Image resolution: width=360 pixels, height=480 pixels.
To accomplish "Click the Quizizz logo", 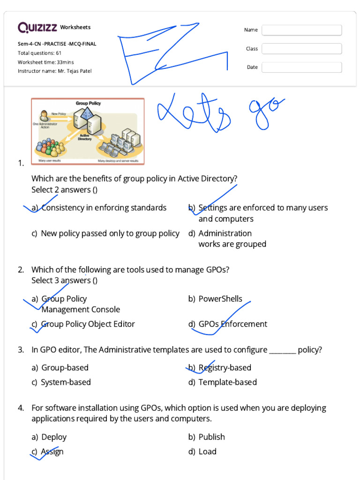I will pyautogui.click(x=37, y=28).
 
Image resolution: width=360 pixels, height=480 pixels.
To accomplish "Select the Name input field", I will pyautogui.click(x=301, y=30).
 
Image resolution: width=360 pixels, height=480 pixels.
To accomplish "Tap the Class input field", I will pyautogui.click(x=301, y=49).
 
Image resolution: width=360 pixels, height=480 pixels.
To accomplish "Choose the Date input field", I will pyautogui.click(x=301, y=67).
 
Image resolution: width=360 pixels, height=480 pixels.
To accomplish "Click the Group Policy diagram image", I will pyautogui.click(x=88, y=131).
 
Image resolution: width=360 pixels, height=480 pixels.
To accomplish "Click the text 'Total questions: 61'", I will pyautogui.click(x=39, y=53).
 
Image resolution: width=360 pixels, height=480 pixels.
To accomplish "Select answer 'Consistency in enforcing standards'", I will pyautogui.click(x=104, y=208).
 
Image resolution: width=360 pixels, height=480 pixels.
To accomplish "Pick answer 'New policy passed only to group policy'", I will pyautogui.click(x=110, y=233).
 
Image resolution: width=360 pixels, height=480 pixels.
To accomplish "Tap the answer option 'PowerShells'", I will pyautogui.click(x=220, y=299).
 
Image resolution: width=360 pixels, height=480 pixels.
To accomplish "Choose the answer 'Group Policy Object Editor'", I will pyautogui.click(x=88, y=324).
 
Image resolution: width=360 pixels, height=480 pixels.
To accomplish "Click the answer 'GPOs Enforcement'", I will pyautogui.click(x=232, y=324).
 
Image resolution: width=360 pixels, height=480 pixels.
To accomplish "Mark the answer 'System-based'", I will pyautogui.click(x=66, y=382).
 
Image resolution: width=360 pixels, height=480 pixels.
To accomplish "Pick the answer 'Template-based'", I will pyautogui.click(x=227, y=382).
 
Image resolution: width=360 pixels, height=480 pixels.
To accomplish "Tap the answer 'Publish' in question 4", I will pyautogui.click(x=211, y=437).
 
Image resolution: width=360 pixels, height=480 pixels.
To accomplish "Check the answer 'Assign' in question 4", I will pyautogui.click(x=52, y=451).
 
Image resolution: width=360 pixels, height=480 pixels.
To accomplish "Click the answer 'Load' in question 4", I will pyautogui.click(x=207, y=451).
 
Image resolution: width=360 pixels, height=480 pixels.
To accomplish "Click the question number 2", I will pyautogui.click(x=21, y=270).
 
